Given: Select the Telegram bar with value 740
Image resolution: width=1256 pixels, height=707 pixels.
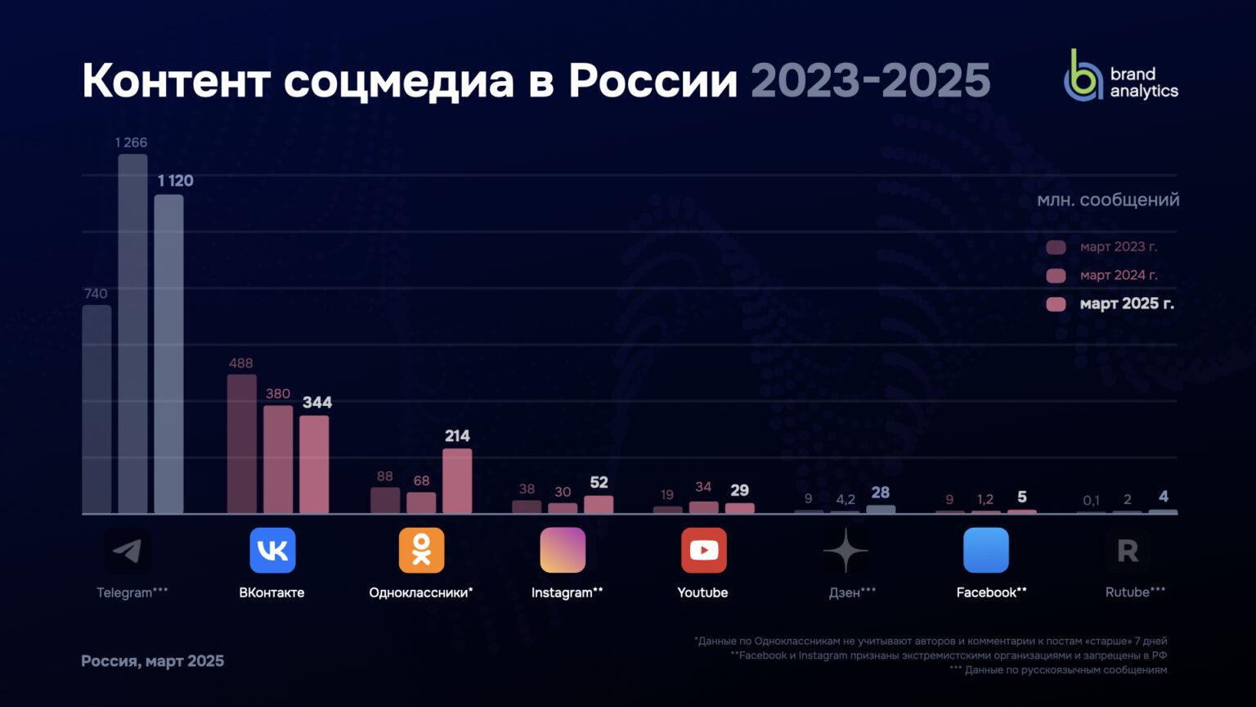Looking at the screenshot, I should click(96, 409).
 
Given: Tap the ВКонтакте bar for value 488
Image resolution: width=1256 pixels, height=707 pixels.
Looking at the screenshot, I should click(241, 444).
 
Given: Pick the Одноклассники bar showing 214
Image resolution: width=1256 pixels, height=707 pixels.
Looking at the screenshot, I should click(457, 481).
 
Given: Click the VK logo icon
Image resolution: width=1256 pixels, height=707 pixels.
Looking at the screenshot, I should click(272, 550).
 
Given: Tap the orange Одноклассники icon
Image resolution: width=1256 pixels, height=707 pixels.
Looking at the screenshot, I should click(421, 550).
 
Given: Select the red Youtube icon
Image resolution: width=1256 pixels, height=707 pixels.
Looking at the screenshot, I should click(703, 550).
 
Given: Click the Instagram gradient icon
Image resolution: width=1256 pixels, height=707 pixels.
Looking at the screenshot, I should click(563, 550).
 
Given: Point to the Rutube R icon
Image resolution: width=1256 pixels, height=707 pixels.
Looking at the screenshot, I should click(1128, 551).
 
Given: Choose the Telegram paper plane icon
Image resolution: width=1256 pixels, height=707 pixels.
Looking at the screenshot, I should click(128, 551).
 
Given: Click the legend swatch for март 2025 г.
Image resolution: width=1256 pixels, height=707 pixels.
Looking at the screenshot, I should click(1056, 304).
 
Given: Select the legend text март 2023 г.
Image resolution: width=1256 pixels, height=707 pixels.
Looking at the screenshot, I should click(1118, 246).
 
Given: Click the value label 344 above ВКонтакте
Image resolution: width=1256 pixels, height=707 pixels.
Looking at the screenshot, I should click(317, 402).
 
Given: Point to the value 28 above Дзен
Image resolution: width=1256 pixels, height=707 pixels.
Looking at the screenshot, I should click(880, 492).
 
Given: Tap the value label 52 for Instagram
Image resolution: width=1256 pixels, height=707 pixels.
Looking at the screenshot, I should click(599, 482).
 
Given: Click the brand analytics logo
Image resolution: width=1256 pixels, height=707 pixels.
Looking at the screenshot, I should click(1120, 75).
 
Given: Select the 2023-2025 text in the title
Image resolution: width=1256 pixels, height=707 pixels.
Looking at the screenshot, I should click(870, 80).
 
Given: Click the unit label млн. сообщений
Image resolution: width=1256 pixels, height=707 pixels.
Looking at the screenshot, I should click(1108, 200).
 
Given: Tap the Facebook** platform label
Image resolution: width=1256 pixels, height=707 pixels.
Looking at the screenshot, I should click(991, 592).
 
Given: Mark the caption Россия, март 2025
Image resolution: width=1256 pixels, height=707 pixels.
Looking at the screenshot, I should click(152, 660).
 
